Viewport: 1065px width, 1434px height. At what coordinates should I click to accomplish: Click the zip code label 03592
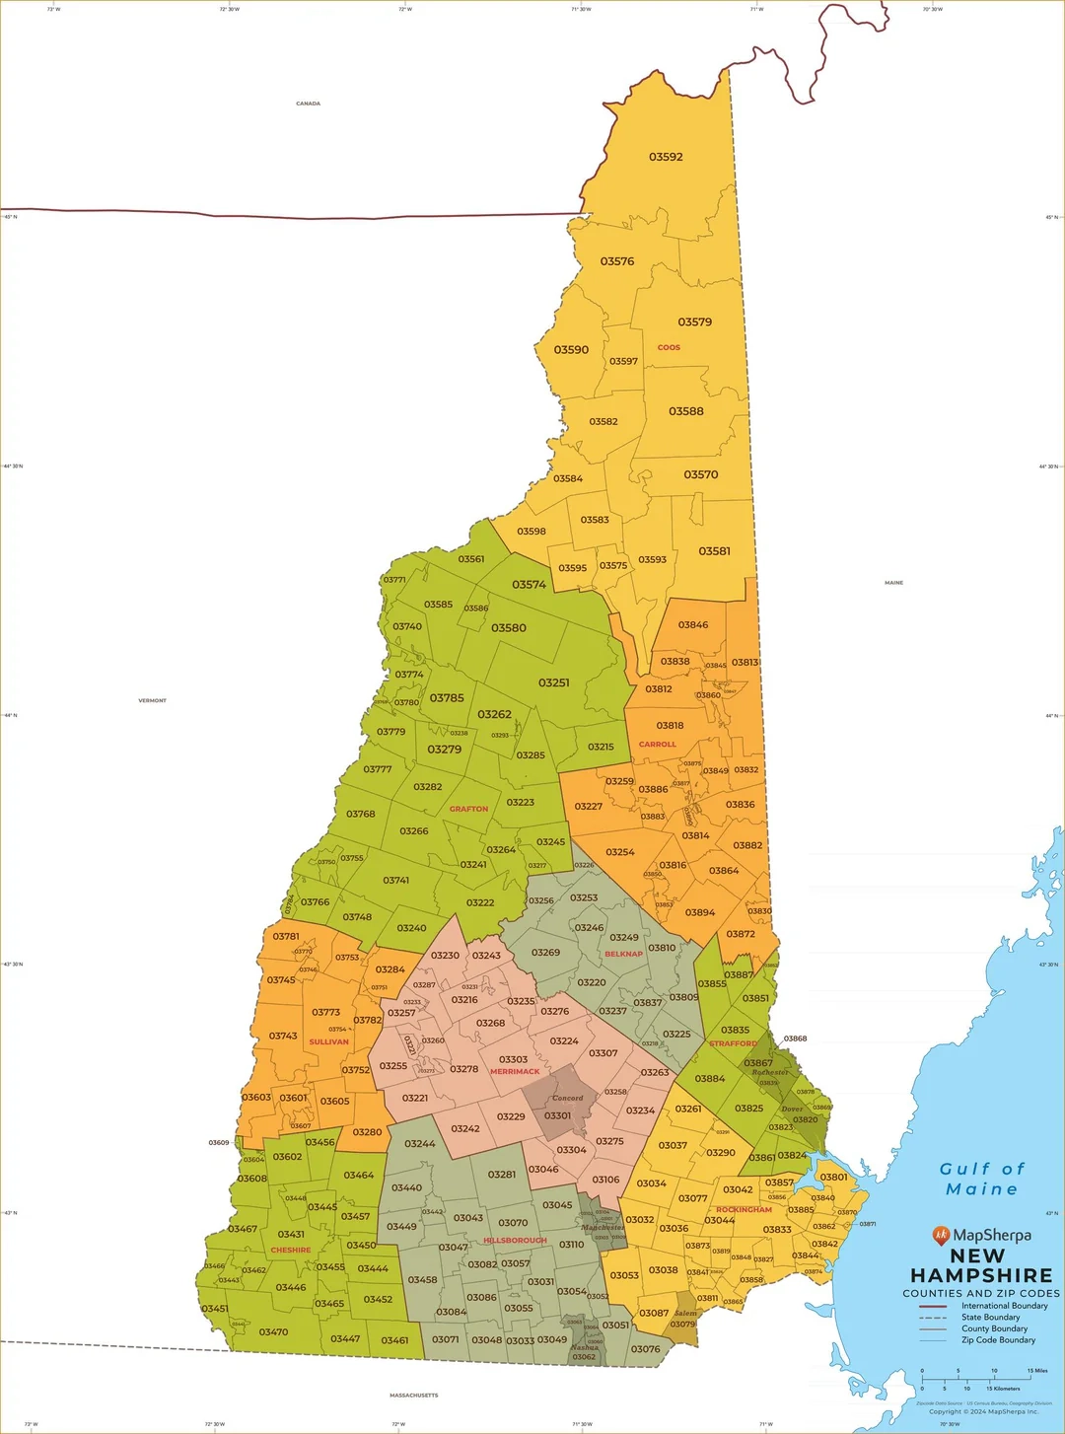point(666,157)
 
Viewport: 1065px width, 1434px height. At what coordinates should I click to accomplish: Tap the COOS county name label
point(669,347)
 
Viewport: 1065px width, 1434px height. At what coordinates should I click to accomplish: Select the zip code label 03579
point(694,322)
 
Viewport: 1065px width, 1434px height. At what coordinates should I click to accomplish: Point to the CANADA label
point(308,104)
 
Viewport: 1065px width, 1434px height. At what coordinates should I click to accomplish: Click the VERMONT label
point(152,700)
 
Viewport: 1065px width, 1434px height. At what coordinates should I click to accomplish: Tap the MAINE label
point(893,583)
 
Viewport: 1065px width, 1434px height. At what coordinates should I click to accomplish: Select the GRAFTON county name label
point(468,809)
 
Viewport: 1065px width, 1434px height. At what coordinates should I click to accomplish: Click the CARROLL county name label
point(657,745)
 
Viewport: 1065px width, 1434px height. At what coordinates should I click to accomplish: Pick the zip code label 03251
point(553,682)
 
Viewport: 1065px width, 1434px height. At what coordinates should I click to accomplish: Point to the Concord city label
point(567,1098)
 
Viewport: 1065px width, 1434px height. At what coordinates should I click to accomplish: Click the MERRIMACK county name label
point(515,1071)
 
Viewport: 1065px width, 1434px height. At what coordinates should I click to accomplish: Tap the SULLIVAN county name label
point(328,1041)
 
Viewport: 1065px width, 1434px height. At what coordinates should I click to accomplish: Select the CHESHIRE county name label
point(291,1250)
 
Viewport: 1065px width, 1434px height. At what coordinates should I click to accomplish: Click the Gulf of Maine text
point(982,1179)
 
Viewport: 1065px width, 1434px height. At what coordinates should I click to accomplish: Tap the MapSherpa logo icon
point(941,1235)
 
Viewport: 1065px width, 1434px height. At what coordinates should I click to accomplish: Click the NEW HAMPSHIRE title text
point(981,1265)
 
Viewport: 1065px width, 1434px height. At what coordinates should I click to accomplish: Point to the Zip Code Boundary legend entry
point(998,1340)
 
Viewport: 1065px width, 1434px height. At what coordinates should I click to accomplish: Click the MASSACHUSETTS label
point(413,1396)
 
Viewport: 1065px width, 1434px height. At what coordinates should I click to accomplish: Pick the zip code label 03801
point(833,1177)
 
